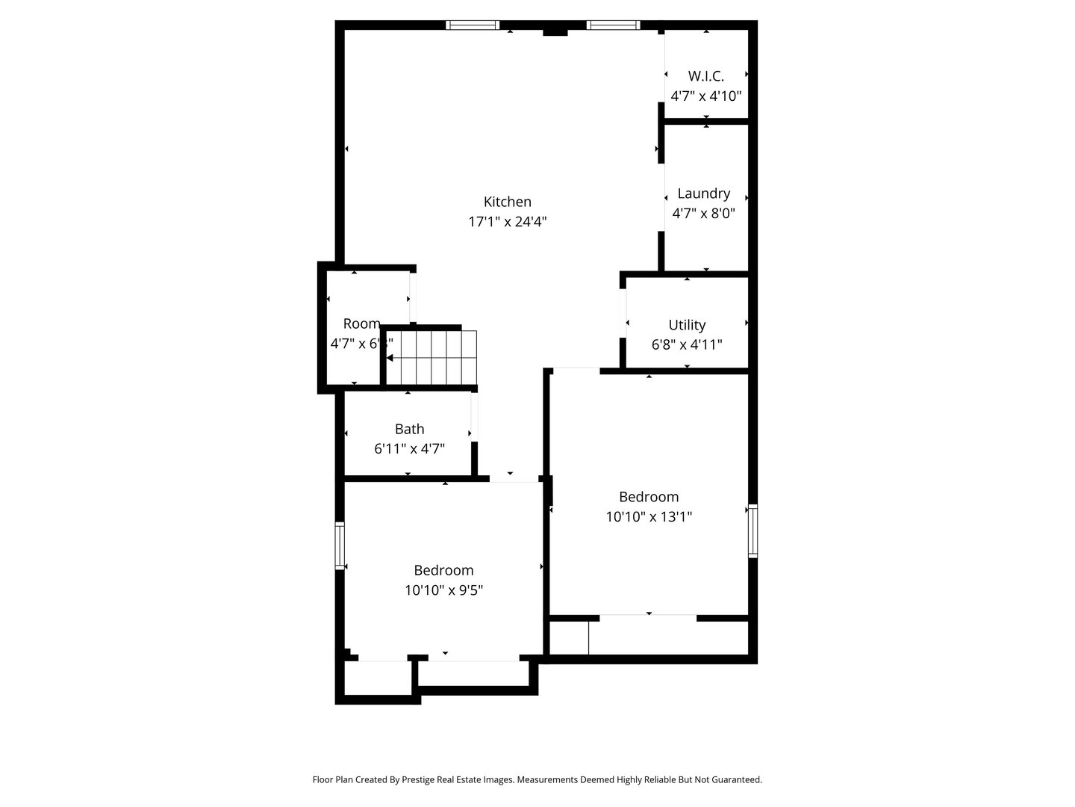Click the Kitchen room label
coord(508,202)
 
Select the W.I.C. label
coord(705,75)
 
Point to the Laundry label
coord(703,194)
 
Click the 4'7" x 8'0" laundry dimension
coord(703,214)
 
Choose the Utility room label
coord(687,325)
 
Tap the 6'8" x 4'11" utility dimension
coord(687,345)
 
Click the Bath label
coord(409,429)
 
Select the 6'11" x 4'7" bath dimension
coord(409,449)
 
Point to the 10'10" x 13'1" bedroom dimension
coord(649,516)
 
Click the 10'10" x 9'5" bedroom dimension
coord(443,590)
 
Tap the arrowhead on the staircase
coord(390,359)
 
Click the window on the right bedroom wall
coord(752,531)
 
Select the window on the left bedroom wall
coord(340,545)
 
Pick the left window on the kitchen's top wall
coord(473,25)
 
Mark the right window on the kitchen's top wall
coord(613,25)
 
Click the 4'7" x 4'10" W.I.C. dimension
coord(705,96)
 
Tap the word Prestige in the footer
coord(423,779)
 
